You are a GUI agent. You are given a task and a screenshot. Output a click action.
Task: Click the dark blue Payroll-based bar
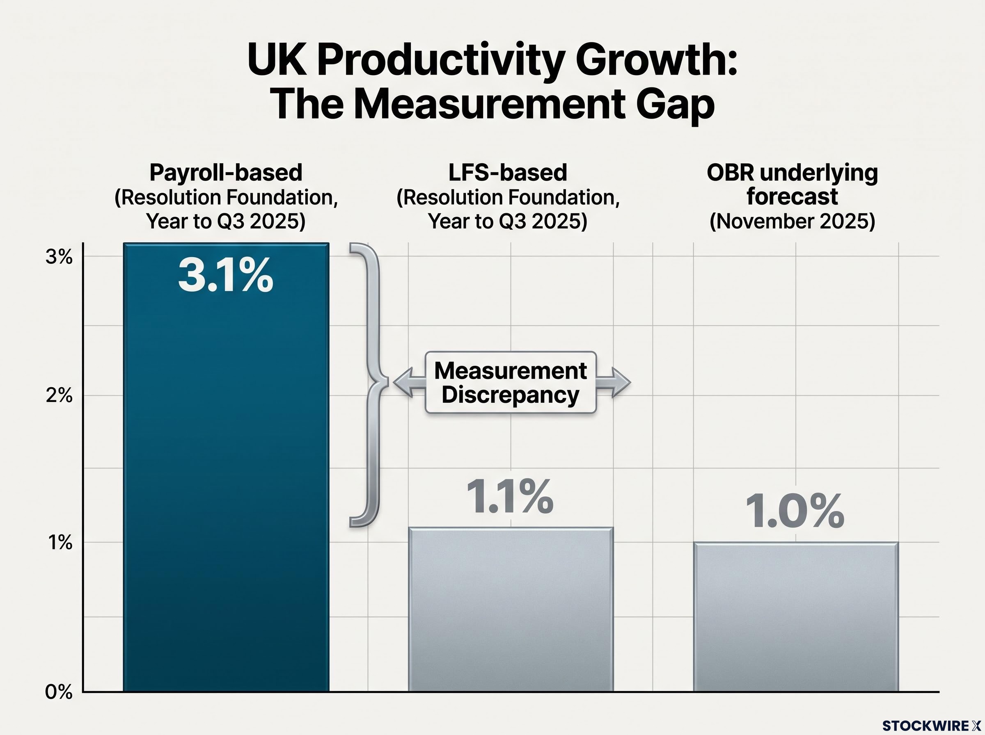pos(226,467)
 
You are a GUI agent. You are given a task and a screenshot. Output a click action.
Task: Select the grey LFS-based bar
pos(511,609)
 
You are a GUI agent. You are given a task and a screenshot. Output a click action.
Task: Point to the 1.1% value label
pos(510,497)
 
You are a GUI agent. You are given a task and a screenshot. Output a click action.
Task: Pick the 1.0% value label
pos(795,511)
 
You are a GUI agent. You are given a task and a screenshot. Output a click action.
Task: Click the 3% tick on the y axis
pos(59,257)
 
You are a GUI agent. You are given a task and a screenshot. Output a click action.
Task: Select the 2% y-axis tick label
pos(59,395)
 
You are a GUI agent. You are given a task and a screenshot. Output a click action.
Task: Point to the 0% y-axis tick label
pos(59,692)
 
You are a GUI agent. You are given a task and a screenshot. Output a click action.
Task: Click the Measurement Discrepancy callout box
pos(511,382)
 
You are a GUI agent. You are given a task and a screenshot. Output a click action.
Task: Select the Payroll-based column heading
pos(226,172)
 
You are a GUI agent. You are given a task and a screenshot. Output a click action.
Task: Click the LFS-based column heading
pos(507,172)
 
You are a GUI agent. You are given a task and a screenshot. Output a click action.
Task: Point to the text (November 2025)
pos(792,221)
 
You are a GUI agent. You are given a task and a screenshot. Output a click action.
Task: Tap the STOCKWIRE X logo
pos(932,726)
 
